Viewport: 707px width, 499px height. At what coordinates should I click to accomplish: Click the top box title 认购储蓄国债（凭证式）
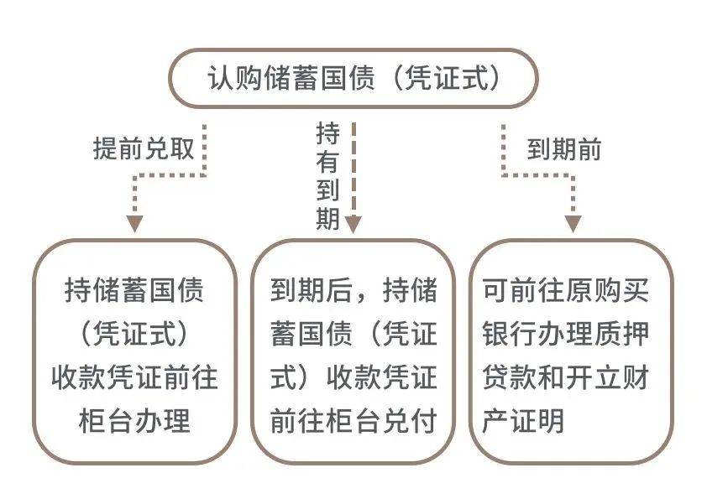pos(354,78)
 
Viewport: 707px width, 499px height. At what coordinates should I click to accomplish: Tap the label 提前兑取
pos(144,148)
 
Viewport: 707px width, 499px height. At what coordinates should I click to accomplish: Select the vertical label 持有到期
pos(327,176)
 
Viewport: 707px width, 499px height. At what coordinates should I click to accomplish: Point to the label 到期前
pos(564,149)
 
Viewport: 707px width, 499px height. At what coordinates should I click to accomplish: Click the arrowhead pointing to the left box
pos(134,224)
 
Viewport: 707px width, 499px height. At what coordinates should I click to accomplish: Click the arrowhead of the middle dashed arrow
pos(353,224)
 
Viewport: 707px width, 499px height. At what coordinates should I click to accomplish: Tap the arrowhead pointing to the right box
pos(573,224)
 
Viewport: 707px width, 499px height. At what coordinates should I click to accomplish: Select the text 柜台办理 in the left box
pos(134,421)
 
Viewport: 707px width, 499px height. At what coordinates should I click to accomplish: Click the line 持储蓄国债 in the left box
pos(134,290)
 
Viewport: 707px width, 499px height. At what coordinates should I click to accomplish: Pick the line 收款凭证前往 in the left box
pos(134,377)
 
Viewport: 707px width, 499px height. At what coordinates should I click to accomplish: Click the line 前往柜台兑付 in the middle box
pos(353,421)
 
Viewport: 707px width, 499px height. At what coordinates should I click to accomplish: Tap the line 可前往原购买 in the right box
pos(565,290)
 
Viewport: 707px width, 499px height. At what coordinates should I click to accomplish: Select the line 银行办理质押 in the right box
pos(565,334)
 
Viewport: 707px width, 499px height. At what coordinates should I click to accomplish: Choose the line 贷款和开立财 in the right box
pos(565,377)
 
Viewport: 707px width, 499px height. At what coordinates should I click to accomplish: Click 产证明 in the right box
pos(523,421)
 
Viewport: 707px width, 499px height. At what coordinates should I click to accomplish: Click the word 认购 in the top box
pos(235,78)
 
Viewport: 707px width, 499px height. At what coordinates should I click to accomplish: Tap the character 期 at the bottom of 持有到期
pos(327,218)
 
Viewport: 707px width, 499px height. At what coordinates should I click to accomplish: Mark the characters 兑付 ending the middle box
pos(410,421)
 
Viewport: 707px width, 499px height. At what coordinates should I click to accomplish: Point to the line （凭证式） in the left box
pos(134,334)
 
